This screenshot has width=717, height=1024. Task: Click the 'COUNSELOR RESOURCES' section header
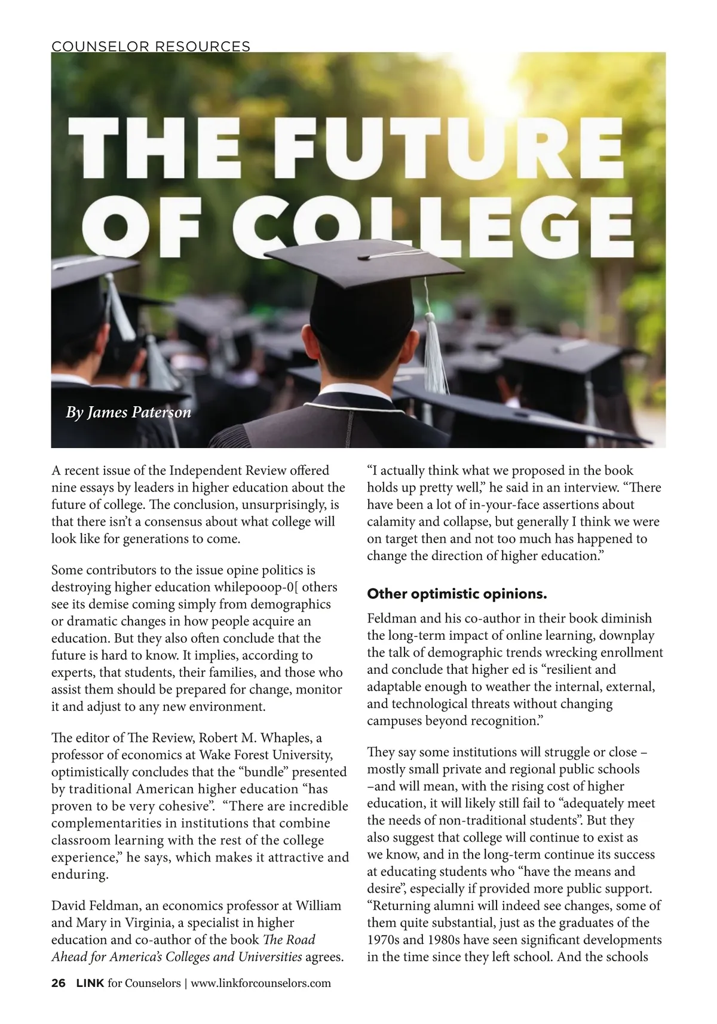coord(151,46)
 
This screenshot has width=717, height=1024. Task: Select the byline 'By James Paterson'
coord(128,412)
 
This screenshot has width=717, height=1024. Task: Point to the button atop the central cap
coord(364,257)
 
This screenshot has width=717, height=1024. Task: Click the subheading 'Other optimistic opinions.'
coord(456,594)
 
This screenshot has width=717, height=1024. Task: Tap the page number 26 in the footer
coord(58,983)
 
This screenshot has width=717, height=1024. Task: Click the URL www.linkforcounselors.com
coord(261,983)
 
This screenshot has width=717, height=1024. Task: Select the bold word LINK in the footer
coord(91,983)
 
